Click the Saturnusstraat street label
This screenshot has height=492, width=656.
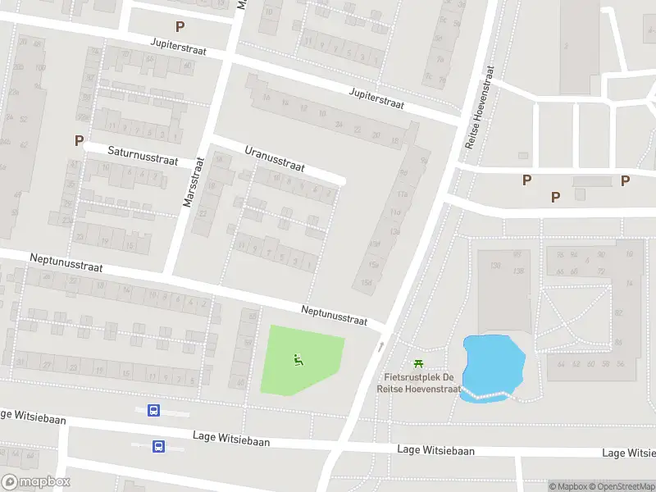point(143,155)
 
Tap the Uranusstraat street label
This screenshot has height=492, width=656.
point(275,159)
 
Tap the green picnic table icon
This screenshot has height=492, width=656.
point(419,363)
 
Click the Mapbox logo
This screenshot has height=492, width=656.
point(36,482)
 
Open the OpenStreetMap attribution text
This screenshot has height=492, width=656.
point(622,486)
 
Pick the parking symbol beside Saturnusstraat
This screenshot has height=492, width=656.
point(79,140)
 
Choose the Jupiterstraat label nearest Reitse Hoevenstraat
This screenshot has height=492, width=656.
point(377,98)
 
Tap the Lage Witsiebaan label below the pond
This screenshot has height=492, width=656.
point(435,450)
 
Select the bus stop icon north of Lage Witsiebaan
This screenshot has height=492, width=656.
point(153,410)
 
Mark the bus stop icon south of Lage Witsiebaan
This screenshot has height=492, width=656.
point(158,446)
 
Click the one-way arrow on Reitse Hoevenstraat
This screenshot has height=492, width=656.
point(380,347)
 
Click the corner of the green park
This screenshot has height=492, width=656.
point(271,326)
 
